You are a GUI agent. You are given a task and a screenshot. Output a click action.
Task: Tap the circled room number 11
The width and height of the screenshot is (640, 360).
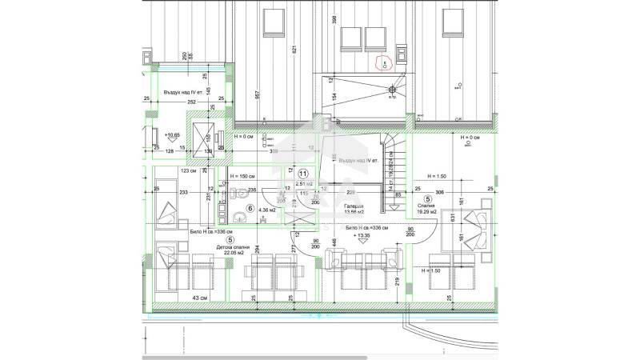coord(303,174)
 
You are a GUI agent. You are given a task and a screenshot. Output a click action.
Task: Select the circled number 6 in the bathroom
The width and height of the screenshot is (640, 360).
coord(250,209)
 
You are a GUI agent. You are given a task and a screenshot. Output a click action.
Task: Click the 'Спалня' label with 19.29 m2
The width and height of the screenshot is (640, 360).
coord(427,206)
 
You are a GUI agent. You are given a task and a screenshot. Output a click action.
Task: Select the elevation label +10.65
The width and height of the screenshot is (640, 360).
coord(171,135)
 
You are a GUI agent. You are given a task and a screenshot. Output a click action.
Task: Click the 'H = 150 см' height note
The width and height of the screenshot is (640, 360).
coord(241,176)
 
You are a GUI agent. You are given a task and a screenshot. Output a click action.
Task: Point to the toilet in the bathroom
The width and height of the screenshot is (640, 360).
coord(240,216)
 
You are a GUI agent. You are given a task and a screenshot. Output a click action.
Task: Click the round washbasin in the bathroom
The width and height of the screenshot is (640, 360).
coord(238,193)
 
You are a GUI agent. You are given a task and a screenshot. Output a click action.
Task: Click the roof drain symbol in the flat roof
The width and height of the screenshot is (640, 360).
coord(391,91)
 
